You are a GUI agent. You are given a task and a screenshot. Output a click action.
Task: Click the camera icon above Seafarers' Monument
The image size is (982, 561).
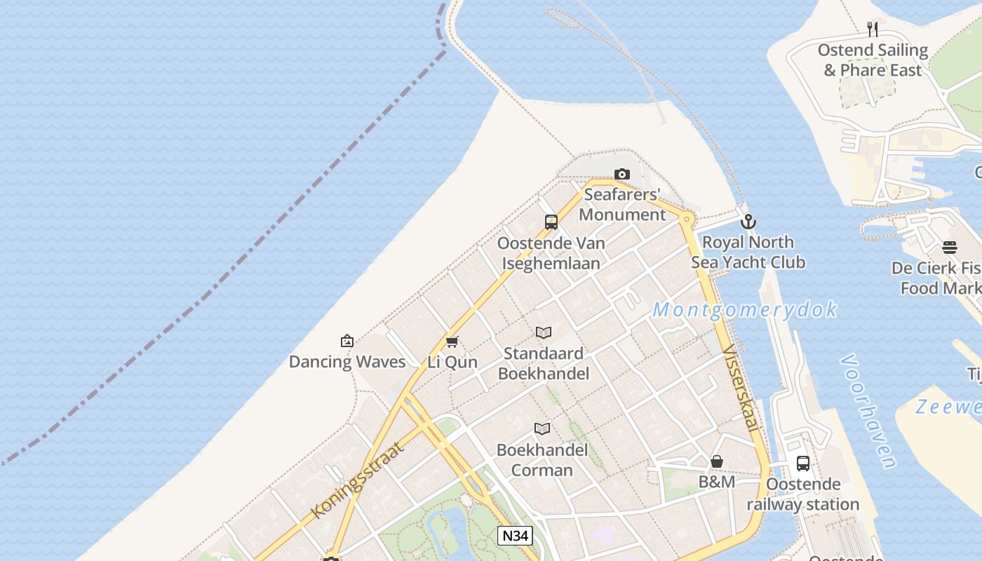click(x=621, y=174)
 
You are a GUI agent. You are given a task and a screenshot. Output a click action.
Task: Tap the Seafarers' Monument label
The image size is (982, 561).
click(x=622, y=204)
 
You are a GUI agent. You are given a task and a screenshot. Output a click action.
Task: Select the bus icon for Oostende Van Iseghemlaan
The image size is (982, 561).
click(x=551, y=222)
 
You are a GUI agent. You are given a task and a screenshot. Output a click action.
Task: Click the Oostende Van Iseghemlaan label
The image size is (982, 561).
click(x=551, y=253)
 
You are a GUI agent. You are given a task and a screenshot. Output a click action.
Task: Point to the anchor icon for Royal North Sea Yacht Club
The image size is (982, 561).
click(x=748, y=222)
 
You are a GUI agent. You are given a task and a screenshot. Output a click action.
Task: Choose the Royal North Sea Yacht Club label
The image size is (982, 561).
click(x=748, y=252)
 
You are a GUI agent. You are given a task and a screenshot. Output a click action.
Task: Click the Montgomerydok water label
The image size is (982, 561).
click(x=745, y=309)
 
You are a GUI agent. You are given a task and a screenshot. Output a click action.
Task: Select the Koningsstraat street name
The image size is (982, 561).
click(x=358, y=480)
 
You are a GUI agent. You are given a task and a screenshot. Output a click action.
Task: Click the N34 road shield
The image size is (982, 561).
click(x=515, y=536)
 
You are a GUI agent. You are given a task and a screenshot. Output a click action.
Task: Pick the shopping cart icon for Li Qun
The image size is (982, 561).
click(x=452, y=342)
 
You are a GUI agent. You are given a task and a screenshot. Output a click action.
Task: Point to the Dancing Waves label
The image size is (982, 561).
click(x=347, y=362)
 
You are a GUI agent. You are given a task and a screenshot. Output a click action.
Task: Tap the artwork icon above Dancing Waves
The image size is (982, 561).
click(x=347, y=342)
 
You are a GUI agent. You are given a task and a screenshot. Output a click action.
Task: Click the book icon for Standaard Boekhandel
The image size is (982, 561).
click(x=544, y=332)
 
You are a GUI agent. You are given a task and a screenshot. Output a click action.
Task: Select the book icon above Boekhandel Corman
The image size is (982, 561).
click(x=542, y=428)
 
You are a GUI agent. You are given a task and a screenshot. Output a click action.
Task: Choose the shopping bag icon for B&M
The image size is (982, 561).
click(x=717, y=461)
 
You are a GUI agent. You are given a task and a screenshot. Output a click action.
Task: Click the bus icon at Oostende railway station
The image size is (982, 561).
click(x=803, y=464)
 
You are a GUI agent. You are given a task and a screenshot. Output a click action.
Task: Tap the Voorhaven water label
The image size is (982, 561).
click(x=868, y=410)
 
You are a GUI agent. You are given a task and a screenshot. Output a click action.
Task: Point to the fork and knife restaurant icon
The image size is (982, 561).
click(x=873, y=29)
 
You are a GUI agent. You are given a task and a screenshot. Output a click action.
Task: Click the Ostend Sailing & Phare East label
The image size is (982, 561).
click(x=873, y=60)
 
